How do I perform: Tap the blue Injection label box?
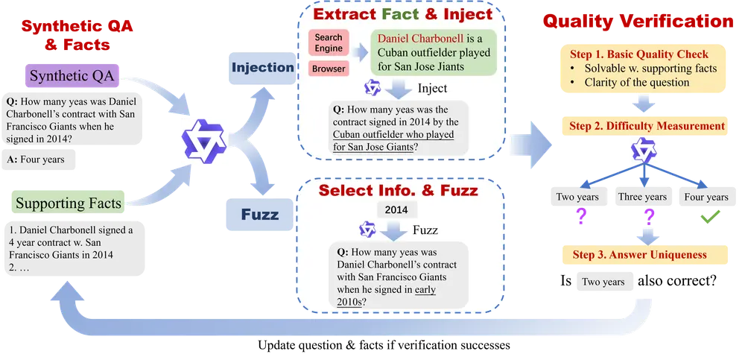click(263, 68)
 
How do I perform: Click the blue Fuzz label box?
click(260, 215)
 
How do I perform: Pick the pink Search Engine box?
click(328, 42)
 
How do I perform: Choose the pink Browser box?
click(328, 69)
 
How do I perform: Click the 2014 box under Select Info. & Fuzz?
click(397, 209)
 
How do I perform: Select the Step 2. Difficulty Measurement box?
click(647, 126)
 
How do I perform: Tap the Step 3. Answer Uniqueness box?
click(639, 255)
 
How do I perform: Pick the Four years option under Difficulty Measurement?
click(706, 197)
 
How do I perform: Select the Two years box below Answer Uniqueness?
click(603, 282)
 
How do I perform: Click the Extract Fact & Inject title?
click(403, 14)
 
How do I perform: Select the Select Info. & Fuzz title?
click(398, 189)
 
